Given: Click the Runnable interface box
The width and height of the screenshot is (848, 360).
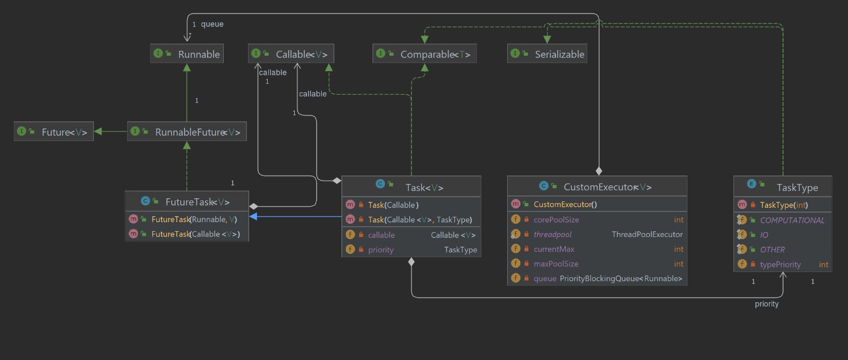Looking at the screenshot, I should click(187, 54).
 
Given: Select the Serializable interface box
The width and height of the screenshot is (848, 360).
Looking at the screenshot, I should click(547, 54).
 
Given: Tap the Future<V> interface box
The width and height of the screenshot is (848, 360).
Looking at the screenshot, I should click(54, 131).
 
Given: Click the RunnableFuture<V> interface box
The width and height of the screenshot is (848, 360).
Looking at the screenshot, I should click(187, 131).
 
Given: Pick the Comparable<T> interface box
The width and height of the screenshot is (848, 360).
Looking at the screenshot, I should click(425, 54).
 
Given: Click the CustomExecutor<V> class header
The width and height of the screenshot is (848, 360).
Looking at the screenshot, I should click(597, 187).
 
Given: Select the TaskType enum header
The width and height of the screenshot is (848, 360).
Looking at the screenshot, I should click(783, 187).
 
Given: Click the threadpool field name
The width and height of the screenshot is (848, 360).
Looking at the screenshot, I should click(552, 234).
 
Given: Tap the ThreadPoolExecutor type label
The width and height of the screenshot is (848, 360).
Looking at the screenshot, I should click(647, 234).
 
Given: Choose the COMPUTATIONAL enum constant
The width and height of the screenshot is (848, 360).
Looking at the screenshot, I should click(792, 220).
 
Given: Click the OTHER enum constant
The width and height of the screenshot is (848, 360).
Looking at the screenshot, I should click(772, 250).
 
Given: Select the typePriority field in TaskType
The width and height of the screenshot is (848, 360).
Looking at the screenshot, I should click(780, 265).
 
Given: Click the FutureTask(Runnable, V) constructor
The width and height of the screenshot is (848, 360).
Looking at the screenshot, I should click(194, 219).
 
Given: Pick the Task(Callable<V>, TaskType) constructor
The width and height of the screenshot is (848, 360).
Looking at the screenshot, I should click(420, 220).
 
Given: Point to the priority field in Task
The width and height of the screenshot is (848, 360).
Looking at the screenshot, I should click(381, 250).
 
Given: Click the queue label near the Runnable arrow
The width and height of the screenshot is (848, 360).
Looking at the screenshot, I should click(212, 24).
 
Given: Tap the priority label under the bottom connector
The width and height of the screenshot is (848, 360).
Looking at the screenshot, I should click(766, 304).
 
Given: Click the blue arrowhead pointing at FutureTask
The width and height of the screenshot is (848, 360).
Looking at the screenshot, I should click(253, 216).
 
